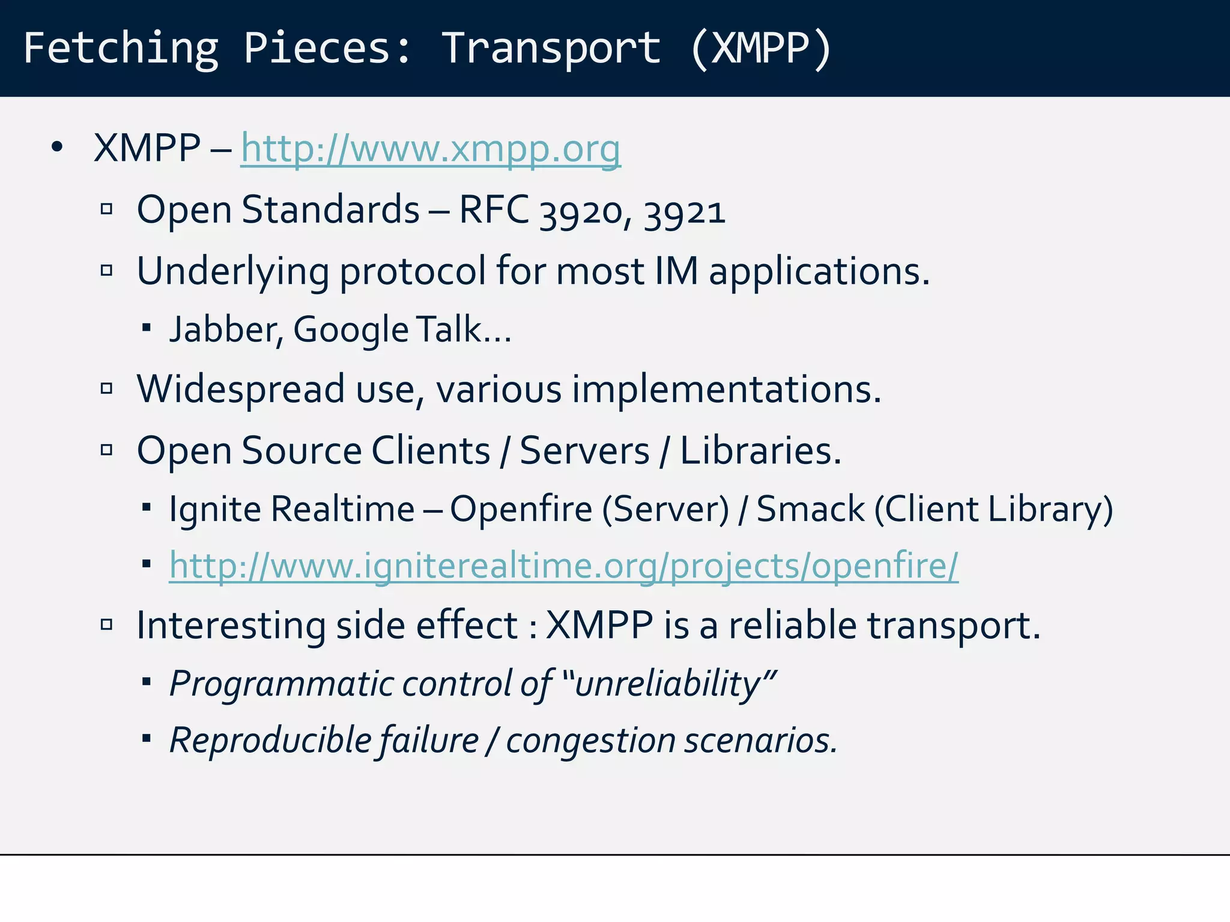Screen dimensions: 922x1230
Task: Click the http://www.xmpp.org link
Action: (x=430, y=149)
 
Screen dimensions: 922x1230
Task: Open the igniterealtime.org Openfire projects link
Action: (x=563, y=566)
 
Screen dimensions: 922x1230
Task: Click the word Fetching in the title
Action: (x=120, y=48)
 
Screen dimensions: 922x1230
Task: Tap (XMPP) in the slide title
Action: (x=760, y=48)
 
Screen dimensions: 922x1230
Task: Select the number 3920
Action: (x=580, y=212)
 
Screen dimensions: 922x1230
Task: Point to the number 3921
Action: (x=685, y=212)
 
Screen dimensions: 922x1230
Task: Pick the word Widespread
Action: (x=241, y=390)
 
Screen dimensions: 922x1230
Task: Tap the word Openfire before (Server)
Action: (x=521, y=510)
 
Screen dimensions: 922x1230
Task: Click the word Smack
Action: (x=810, y=510)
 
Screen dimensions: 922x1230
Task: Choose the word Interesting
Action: (x=231, y=626)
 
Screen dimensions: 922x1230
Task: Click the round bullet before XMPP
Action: (x=57, y=147)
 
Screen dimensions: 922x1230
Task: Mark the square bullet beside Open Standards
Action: (x=107, y=209)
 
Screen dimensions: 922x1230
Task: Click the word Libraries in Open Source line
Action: (x=760, y=450)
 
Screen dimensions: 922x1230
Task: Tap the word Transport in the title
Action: (x=551, y=48)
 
